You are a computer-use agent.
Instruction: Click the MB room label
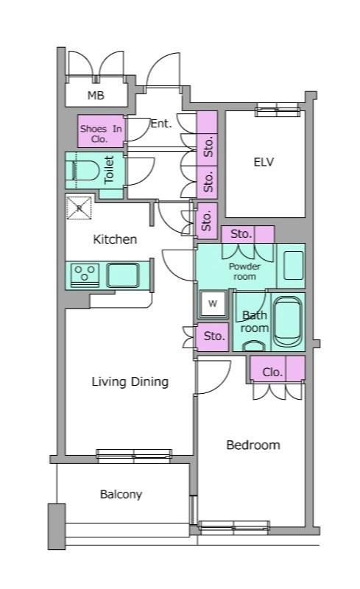(96, 96)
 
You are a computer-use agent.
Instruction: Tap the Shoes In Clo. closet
(101, 131)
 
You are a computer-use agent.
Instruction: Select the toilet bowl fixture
(82, 170)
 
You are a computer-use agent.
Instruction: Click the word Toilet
(109, 170)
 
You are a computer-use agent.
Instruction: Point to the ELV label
(264, 162)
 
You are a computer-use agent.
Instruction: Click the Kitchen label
(115, 239)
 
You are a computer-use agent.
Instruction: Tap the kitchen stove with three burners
(85, 275)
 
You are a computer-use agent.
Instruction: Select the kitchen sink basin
(122, 275)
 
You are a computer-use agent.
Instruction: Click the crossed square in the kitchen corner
(79, 207)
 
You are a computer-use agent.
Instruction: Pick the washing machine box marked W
(213, 303)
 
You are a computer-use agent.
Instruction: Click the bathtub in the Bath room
(287, 321)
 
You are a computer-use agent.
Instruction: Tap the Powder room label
(244, 271)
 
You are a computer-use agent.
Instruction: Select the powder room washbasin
(293, 265)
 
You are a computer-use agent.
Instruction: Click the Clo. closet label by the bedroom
(272, 373)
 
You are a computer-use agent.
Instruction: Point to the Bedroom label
(253, 445)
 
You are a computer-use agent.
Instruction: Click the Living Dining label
(130, 382)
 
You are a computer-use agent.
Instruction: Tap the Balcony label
(121, 494)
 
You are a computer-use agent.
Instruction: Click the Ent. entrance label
(161, 123)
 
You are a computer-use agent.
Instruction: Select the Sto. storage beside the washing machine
(213, 337)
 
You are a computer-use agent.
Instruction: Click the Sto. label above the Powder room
(241, 234)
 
